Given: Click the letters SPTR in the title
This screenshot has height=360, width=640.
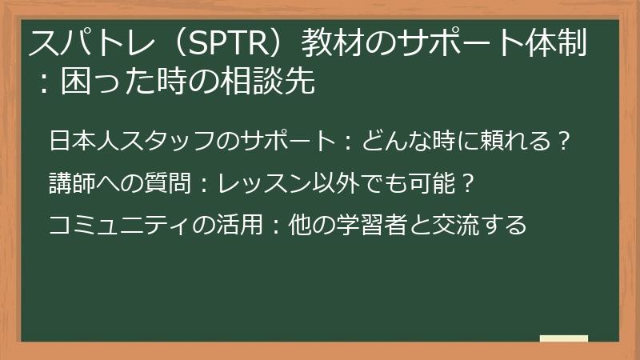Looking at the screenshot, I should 227,44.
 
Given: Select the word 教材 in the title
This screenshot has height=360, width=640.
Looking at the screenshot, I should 326,44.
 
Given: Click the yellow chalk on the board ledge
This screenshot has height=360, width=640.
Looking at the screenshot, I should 564,338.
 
